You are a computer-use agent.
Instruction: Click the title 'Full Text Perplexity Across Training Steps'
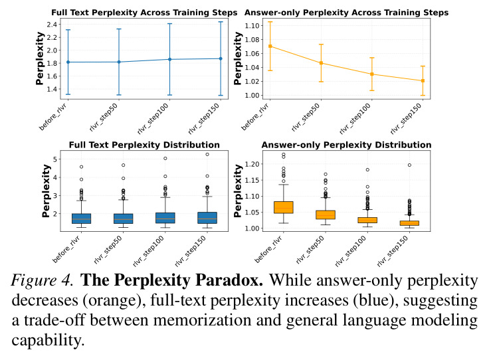(x=144, y=13)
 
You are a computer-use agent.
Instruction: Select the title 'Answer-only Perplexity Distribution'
(x=346, y=145)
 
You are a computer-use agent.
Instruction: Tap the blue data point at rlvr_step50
(x=119, y=62)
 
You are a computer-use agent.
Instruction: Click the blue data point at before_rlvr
(x=68, y=62)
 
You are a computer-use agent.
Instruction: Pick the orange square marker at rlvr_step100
(x=372, y=74)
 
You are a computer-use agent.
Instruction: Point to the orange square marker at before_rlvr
(x=270, y=46)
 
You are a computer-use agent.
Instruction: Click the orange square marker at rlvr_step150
(x=423, y=81)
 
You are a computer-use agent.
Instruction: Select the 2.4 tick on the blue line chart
(x=52, y=25)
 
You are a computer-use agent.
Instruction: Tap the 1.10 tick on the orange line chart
(x=252, y=25)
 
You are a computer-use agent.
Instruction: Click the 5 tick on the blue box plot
(x=55, y=159)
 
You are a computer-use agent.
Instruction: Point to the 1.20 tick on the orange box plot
(x=252, y=164)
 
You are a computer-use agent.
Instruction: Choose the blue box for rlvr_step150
(x=207, y=218)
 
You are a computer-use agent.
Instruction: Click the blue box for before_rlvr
(x=82, y=219)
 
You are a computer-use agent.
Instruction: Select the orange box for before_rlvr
(x=284, y=208)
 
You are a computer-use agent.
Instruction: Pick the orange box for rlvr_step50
(x=326, y=215)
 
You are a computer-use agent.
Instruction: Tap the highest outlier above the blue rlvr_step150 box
(x=207, y=154)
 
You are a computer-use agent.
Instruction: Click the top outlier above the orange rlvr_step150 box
(x=409, y=165)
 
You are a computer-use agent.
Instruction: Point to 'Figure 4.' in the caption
(x=43, y=280)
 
